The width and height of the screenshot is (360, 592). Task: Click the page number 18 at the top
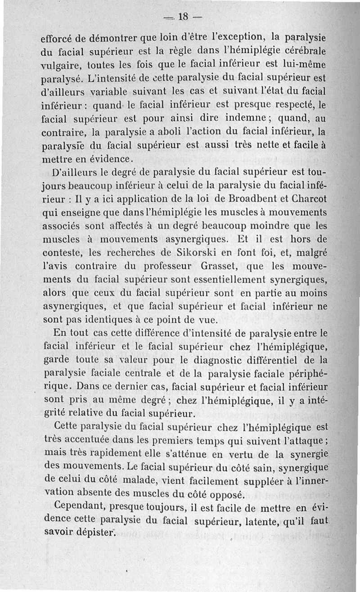[184, 17]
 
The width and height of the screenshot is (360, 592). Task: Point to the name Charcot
[307, 198]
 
